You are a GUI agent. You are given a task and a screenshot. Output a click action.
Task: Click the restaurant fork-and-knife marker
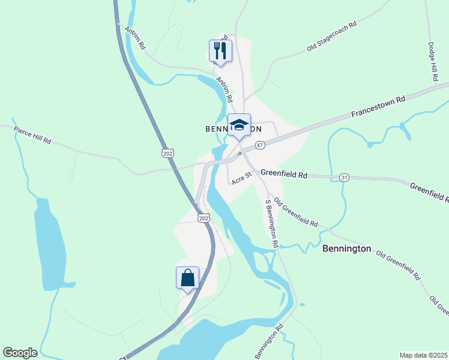221,51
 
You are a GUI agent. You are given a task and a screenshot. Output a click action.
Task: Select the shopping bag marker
187,278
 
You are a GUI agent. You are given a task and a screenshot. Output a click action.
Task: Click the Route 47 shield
260,145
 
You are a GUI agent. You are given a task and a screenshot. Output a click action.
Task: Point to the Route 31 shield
344,178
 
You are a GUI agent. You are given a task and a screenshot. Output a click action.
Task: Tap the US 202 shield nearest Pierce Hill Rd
168,154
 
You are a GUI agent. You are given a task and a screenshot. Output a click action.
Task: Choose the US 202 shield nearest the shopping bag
204,218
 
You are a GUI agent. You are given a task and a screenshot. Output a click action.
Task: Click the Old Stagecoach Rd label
332,37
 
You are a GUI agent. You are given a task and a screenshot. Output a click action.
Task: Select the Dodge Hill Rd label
433,62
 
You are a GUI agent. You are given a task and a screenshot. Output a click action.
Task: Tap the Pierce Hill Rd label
32,134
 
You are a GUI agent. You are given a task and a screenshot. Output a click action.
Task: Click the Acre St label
242,178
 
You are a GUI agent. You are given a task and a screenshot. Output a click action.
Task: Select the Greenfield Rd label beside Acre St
284,175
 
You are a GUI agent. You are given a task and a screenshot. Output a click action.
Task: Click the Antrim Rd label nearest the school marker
224,88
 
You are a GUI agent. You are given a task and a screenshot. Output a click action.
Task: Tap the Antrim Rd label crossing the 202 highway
135,37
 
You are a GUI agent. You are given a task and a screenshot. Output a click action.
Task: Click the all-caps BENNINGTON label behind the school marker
234,129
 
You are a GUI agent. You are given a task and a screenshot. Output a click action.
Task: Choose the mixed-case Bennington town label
347,248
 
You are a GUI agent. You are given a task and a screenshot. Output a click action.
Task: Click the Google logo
20,353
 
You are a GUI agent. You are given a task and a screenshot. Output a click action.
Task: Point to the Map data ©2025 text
423,355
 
